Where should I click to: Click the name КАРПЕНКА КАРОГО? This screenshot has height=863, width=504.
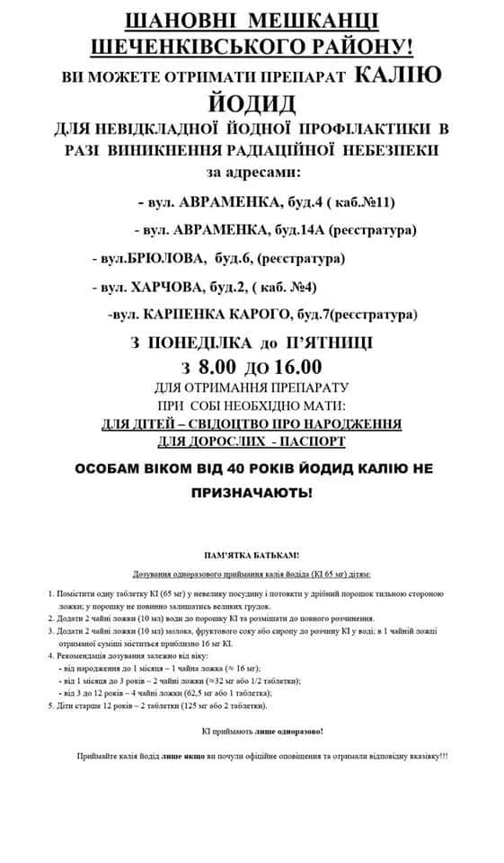(x=220, y=315)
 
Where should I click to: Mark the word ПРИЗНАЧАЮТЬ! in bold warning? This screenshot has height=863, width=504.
(x=252, y=494)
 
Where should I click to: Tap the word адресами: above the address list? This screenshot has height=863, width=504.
(x=268, y=171)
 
